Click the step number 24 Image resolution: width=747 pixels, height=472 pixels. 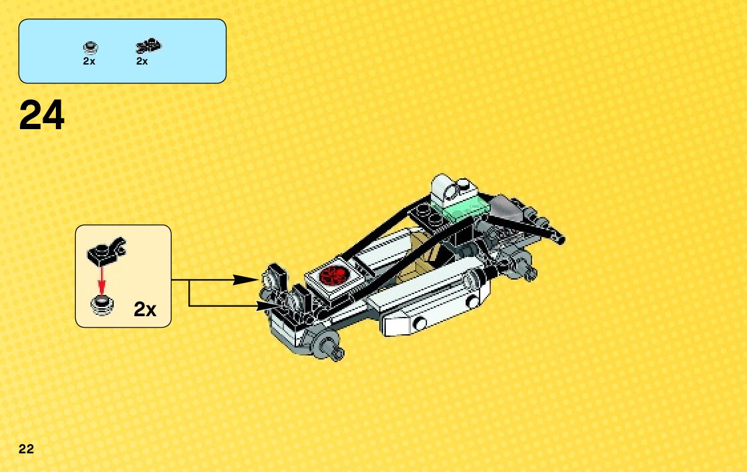coord(42,116)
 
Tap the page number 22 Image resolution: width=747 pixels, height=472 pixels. coord(26,448)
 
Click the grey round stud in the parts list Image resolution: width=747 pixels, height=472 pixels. coord(90,47)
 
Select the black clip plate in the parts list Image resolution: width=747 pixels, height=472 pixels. coord(149,46)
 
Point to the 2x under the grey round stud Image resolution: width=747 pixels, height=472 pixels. coord(89,61)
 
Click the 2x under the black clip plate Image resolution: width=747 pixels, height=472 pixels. coord(142,61)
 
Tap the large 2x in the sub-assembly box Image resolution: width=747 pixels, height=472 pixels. coord(144,309)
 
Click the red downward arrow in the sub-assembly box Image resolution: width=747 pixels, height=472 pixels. coord(102,280)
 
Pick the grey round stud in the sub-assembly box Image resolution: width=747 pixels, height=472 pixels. coord(102,306)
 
